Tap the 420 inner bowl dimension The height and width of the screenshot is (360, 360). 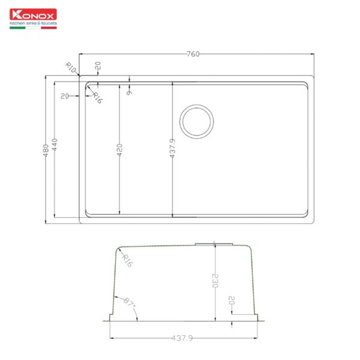point(119,149)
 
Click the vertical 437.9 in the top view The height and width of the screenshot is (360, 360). point(173,149)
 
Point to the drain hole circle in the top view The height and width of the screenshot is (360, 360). point(197,121)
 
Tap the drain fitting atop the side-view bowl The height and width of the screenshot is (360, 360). point(214,243)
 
